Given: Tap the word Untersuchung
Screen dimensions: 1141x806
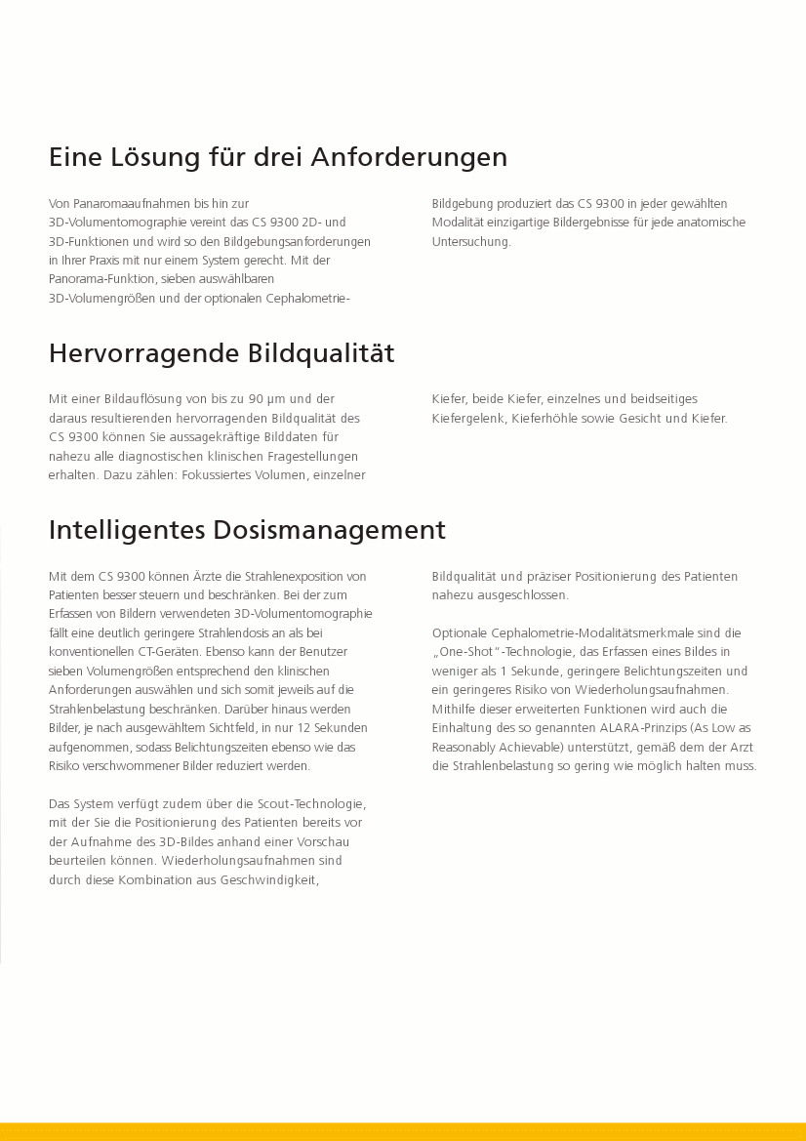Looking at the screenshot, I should pyautogui.click(x=470, y=242).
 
